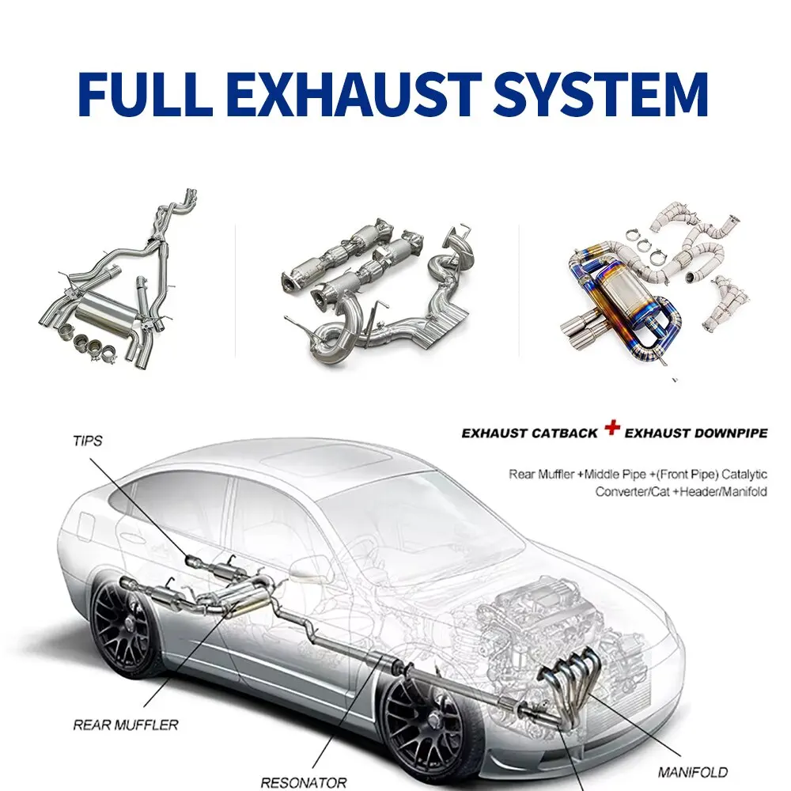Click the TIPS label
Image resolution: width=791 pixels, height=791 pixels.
click(87, 441)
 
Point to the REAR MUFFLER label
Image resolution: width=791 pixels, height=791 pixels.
click(126, 724)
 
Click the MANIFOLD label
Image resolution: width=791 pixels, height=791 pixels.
click(693, 771)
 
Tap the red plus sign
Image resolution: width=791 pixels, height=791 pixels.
click(611, 428)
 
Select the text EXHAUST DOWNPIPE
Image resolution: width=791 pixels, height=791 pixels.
click(696, 433)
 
